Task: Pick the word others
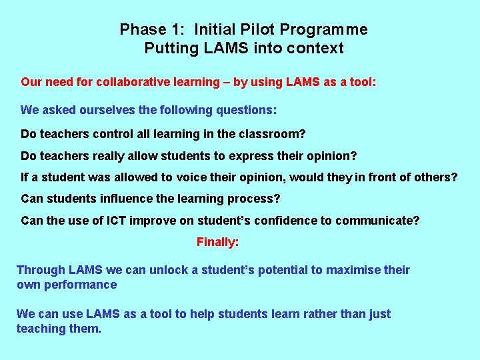[x=437, y=177]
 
